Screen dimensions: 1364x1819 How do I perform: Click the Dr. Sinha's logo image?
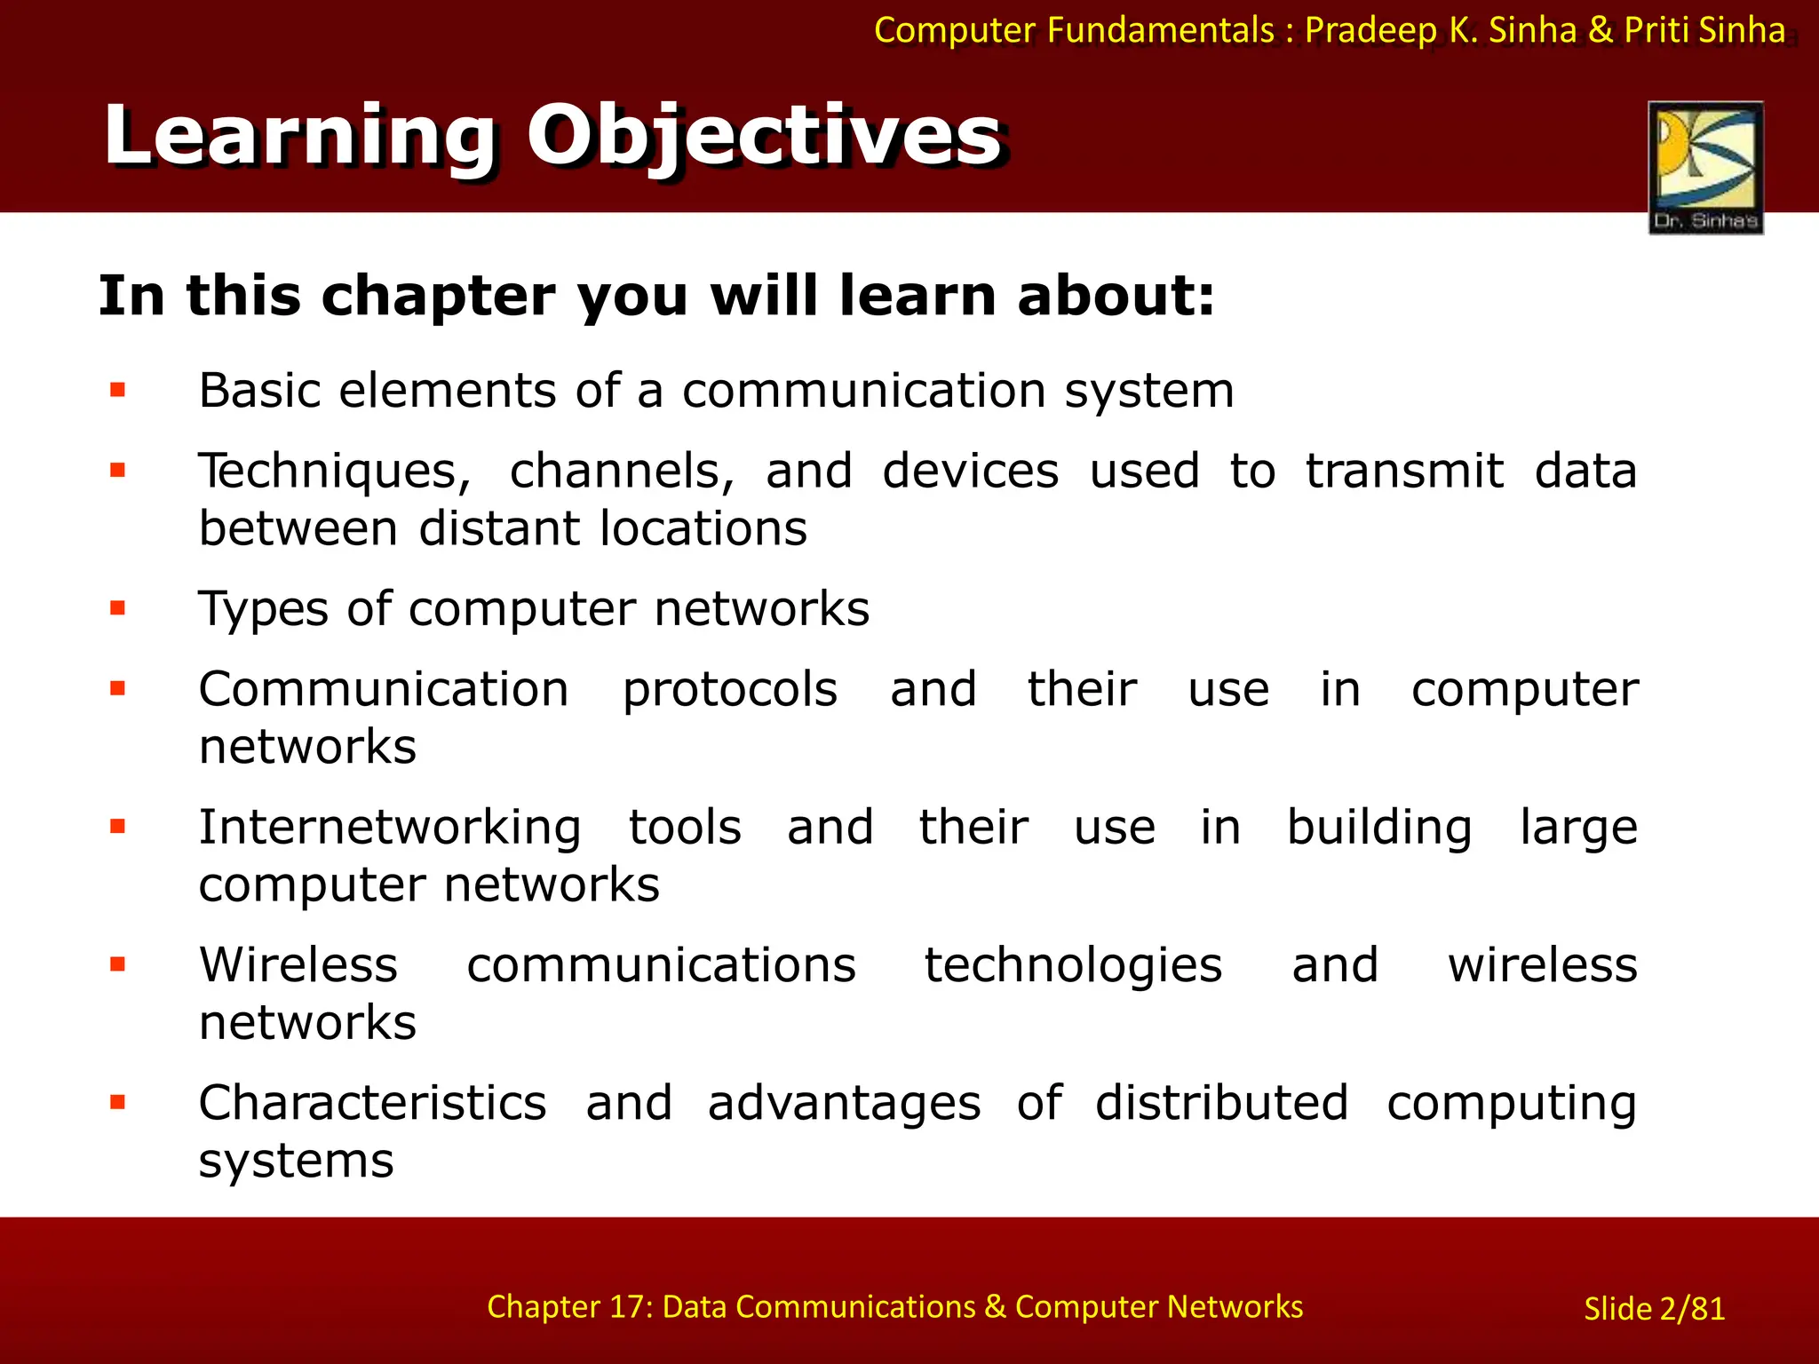click(1705, 167)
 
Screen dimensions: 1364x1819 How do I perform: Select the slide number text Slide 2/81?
click(1654, 1308)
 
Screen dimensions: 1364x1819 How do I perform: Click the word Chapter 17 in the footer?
click(569, 1306)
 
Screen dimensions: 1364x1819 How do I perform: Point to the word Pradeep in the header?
click(1370, 30)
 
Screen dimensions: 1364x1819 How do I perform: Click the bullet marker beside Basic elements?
click(118, 390)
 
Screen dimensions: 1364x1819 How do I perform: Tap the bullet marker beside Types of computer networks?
click(118, 608)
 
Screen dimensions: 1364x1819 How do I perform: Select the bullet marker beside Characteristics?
click(118, 1102)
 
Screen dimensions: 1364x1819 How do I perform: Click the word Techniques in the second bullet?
click(334, 472)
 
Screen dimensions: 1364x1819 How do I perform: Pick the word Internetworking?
click(390, 828)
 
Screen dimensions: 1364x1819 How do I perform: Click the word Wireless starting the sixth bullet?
click(298, 964)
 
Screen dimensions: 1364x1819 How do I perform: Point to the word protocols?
click(729, 690)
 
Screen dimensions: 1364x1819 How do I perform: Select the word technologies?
click(1073, 965)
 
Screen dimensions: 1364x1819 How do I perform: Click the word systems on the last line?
click(296, 1161)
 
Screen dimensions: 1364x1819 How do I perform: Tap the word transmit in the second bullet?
click(1404, 471)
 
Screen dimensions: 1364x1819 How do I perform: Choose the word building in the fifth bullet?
click(1379, 828)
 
